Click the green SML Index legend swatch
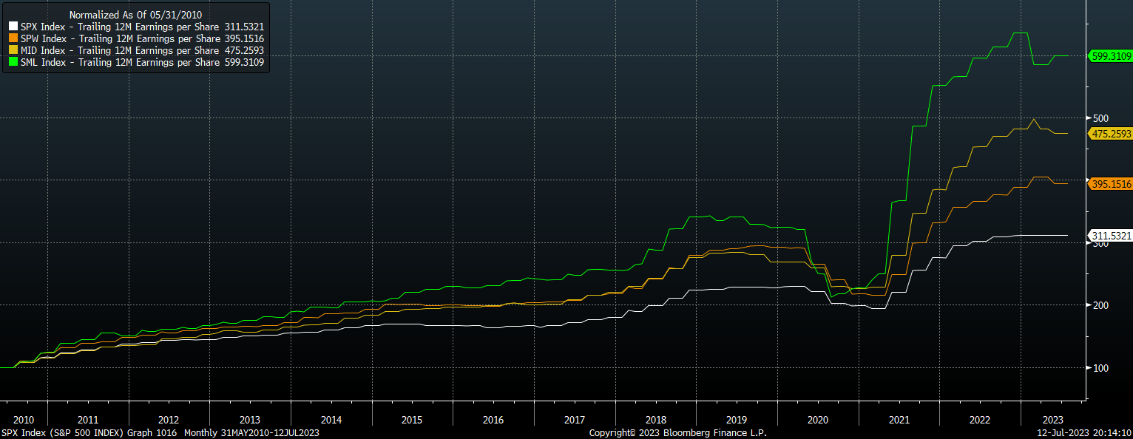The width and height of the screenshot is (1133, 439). [13, 63]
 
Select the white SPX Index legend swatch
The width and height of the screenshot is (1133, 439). [13, 27]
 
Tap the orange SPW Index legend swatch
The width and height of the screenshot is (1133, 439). [13, 38]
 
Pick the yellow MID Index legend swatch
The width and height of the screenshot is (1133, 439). [13, 50]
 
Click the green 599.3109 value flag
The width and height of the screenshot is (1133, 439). [1110, 55]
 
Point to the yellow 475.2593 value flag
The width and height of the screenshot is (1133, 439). [1110, 133]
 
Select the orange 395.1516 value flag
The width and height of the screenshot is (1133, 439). [1110, 184]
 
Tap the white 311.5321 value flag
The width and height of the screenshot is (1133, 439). [1110, 236]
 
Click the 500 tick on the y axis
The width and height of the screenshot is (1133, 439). [1100, 118]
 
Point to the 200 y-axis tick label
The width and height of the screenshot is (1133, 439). [1100, 305]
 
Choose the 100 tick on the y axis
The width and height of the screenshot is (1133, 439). [1100, 367]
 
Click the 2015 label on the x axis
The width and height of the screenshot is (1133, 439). [412, 420]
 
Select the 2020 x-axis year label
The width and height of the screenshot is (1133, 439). [818, 420]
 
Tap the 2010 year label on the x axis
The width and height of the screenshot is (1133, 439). [24, 420]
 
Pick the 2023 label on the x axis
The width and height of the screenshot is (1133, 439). [1052, 420]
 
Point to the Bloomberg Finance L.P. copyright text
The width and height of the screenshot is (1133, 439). [677, 432]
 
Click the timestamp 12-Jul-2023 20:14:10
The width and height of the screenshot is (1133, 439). [1084, 432]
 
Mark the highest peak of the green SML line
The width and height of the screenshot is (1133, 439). [1019, 33]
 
